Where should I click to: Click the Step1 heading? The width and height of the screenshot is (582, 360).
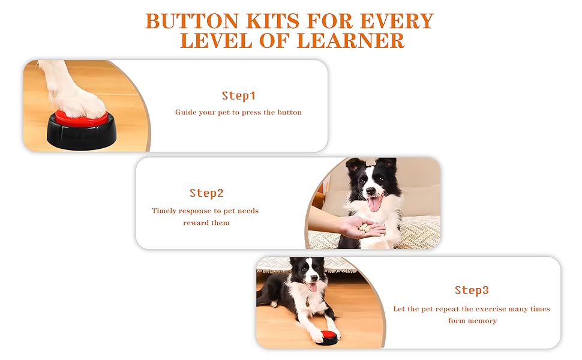[x=238, y=95]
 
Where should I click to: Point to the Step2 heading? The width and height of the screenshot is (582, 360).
[x=206, y=193]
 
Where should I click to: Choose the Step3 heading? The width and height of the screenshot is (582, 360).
[x=472, y=290]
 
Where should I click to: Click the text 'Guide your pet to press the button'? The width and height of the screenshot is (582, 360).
[x=238, y=112]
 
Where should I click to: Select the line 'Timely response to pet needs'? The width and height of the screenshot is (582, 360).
[x=205, y=211]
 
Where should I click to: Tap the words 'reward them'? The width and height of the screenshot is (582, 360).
[x=206, y=223]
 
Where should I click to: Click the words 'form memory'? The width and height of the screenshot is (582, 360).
[x=472, y=320]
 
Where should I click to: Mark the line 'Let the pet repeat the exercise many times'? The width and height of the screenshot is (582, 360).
[x=472, y=309]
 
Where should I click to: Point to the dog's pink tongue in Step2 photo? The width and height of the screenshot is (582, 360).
[x=374, y=204]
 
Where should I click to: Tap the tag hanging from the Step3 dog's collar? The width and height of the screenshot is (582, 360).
[x=308, y=302]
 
